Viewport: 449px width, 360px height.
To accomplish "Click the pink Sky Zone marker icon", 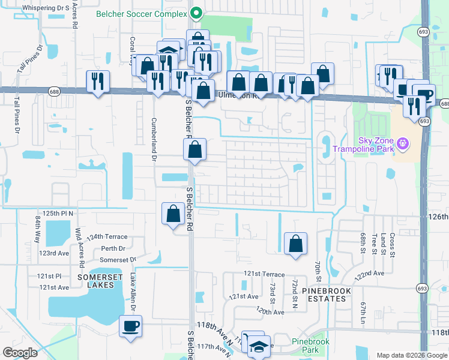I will pyautogui.click(x=403, y=143).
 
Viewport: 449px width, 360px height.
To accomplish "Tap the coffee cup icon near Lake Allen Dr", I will pyautogui.click(x=130, y=326).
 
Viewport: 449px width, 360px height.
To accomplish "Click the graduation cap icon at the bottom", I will pyautogui.click(x=259, y=346).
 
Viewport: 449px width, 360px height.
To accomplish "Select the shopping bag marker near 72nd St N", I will pyautogui.click(x=295, y=244).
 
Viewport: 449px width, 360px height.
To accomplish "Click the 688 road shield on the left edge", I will pyautogui.click(x=4, y=90).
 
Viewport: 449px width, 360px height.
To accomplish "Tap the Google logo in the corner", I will pyautogui.click(x=20, y=353).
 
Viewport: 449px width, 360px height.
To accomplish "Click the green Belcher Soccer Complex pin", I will pyautogui.click(x=196, y=12).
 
